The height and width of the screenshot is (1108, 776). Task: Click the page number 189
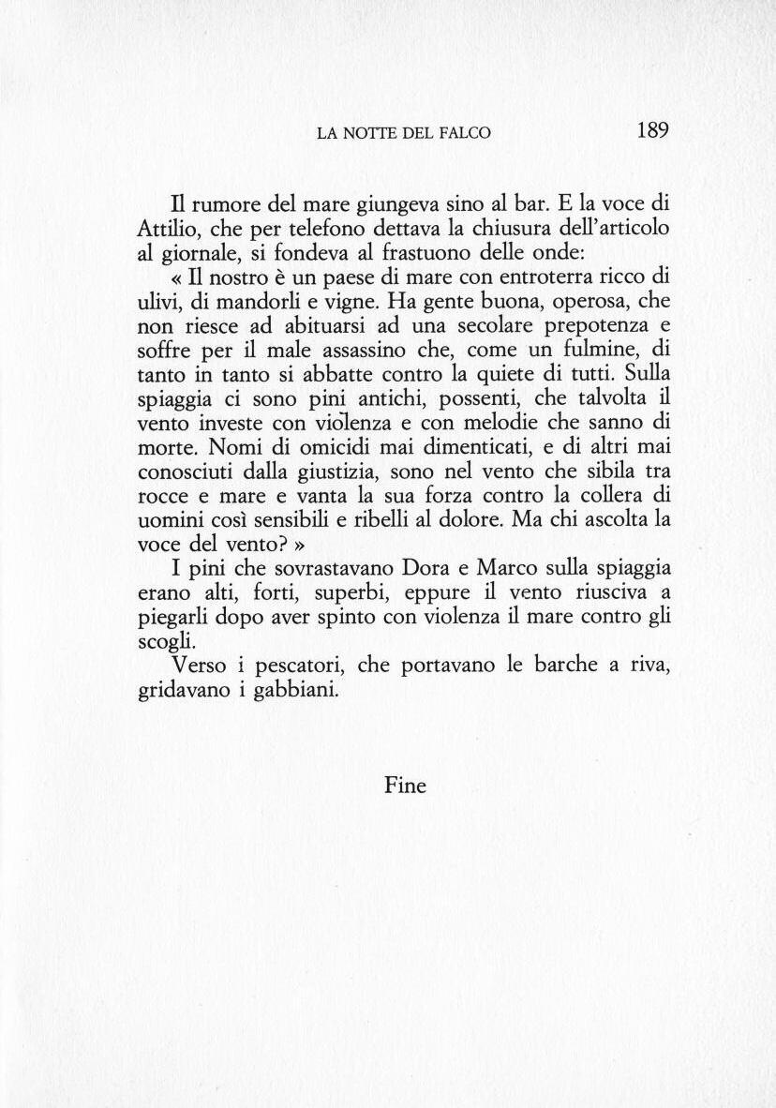(x=651, y=130)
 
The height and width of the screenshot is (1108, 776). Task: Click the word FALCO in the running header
(x=465, y=133)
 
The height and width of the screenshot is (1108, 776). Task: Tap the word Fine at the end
(x=405, y=786)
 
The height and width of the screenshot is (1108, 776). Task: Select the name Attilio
(x=164, y=228)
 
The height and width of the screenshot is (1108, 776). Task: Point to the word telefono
(x=330, y=228)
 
